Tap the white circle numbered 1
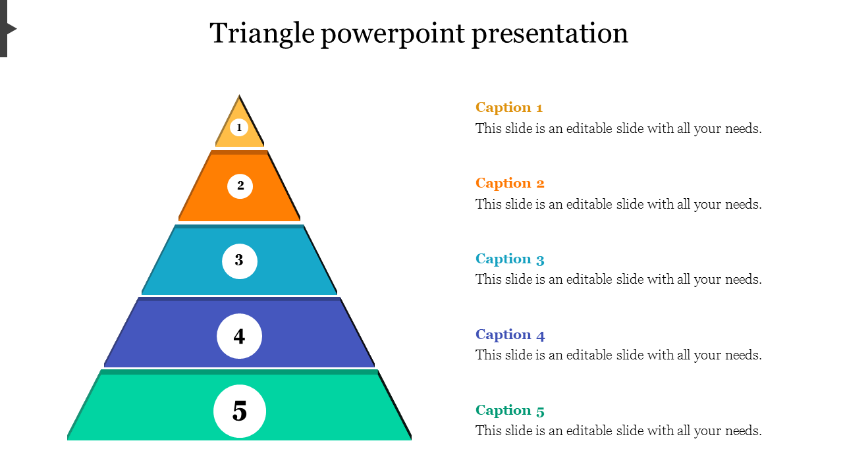(239, 128)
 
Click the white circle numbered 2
(240, 186)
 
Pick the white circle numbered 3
(240, 261)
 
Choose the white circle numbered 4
(239, 336)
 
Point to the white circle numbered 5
(240, 411)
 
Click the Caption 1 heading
(509, 107)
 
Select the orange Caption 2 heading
(510, 183)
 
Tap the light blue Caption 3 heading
(510, 259)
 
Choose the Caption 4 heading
(510, 335)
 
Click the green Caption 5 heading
(510, 410)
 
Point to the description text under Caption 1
(618, 128)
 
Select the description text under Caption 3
(618, 280)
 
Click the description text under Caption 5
(618, 431)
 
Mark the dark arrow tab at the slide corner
(7, 28)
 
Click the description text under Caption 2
(618, 204)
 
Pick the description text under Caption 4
(618, 355)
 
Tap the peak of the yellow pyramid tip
(239, 95)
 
